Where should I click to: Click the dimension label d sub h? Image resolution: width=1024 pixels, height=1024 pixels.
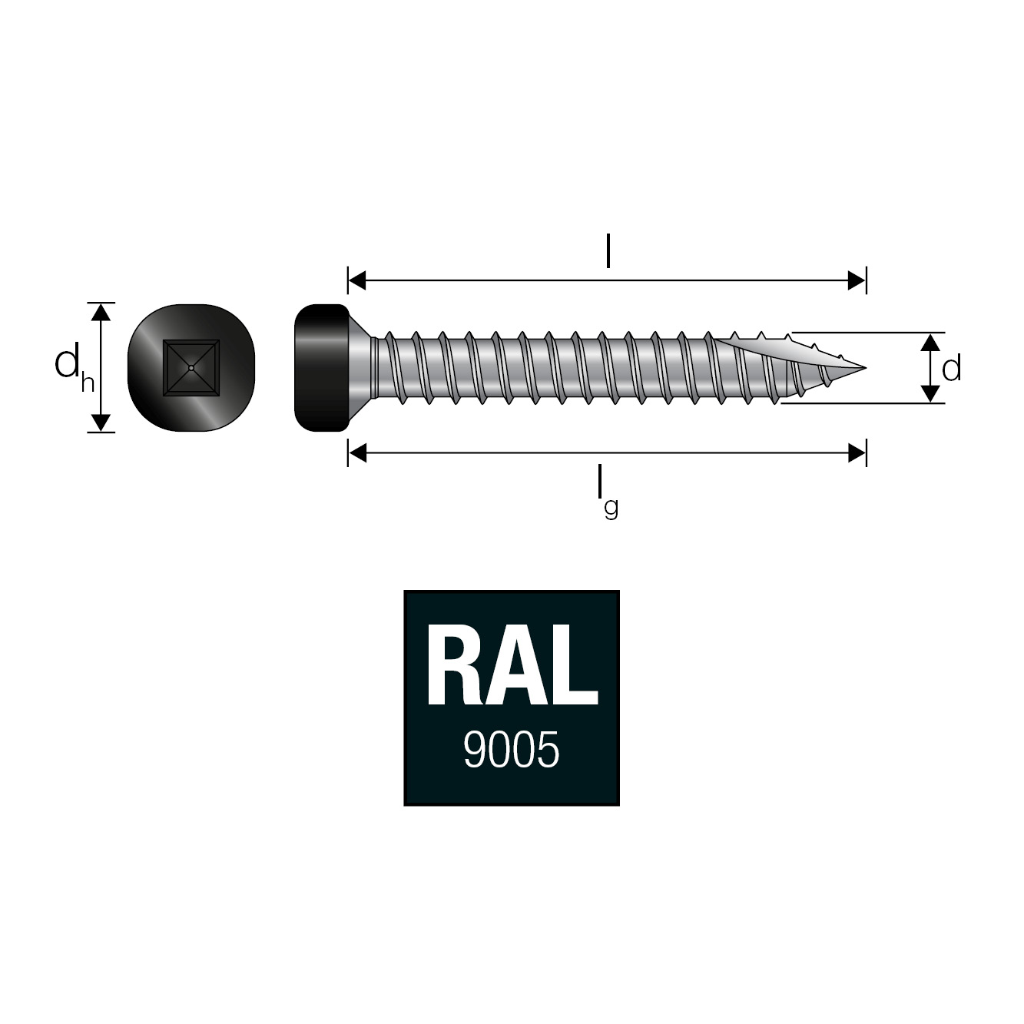tap(74, 367)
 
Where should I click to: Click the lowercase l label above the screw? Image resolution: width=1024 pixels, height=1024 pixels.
tap(608, 251)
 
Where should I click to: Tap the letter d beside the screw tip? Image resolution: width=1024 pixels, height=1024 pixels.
tap(951, 370)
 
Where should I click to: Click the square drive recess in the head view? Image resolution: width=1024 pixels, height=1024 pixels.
tap(191, 368)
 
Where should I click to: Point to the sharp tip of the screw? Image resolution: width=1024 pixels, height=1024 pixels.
tap(864, 367)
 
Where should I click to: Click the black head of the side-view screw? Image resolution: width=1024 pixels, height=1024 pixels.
tap(321, 367)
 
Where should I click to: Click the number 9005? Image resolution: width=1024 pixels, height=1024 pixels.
tap(511, 750)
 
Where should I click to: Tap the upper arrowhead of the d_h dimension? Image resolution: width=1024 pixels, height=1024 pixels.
tap(101, 312)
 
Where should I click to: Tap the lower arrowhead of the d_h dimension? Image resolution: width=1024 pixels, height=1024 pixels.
tap(101, 423)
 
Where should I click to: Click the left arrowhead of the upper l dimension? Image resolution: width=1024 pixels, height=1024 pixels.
tap(358, 280)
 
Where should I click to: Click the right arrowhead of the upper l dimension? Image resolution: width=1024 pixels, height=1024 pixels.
tap(856, 280)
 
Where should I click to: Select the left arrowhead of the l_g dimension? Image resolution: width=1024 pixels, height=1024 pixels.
tap(358, 453)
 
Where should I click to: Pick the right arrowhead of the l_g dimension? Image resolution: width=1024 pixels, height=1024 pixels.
tap(856, 453)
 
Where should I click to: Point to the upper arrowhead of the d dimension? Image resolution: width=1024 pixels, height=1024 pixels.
tap(930, 343)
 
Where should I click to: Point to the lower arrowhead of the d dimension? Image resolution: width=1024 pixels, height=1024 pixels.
tap(930, 393)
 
